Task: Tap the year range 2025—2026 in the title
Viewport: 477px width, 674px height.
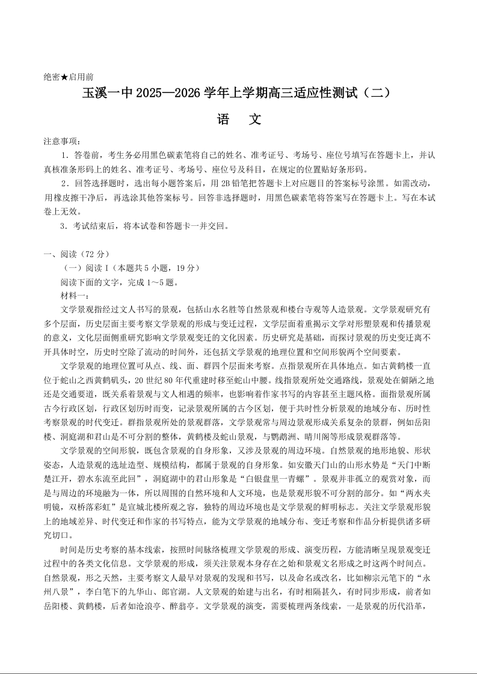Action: pos(168,94)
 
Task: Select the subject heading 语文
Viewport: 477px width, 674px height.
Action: pos(238,120)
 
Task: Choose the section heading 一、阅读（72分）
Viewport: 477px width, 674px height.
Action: pos(76,254)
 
